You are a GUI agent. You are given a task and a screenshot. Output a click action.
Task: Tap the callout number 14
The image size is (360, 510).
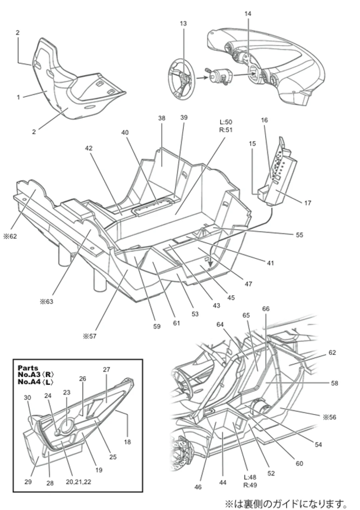pyautogui.click(x=248, y=14)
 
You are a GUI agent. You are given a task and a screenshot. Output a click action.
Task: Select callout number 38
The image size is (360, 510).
pyautogui.click(x=162, y=118)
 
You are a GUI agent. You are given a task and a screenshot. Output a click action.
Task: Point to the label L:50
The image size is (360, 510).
pyautogui.click(x=226, y=122)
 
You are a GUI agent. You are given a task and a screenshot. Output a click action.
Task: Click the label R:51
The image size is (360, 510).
pyautogui.click(x=226, y=130)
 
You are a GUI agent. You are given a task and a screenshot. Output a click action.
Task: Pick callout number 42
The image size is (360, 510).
pyautogui.click(x=89, y=148)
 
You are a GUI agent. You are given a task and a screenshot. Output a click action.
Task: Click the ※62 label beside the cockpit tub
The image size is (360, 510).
pyautogui.click(x=10, y=236)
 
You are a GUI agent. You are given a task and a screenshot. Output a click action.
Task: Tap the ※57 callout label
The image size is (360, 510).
pyautogui.click(x=90, y=336)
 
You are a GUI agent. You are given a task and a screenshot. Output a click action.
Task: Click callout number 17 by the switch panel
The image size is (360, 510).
pyautogui.click(x=307, y=203)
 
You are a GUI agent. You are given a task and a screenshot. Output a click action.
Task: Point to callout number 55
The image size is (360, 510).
pyautogui.click(x=299, y=235)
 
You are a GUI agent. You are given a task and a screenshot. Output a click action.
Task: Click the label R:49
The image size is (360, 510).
pyautogui.click(x=250, y=485)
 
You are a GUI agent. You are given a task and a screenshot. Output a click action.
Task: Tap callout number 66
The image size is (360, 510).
pyautogui.click(x=266, y=309)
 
